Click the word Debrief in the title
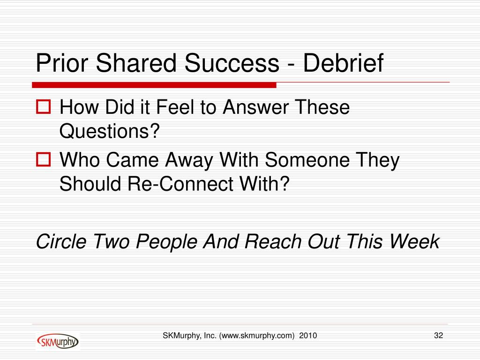click(343, 63)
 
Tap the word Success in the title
click(232, 63)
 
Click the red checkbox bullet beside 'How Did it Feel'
click(43, 107)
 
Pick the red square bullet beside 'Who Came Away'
click(43, 159)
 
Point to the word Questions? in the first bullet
click(110, 132)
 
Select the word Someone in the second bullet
click(307, 160)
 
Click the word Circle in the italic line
click(61, 241)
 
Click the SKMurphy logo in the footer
click(58, 341)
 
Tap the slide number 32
click(438, 336)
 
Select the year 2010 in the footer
click(308, 336)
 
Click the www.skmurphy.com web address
click(257, 336)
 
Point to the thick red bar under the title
click(154, 85)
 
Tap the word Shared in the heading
click(136, 63)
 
